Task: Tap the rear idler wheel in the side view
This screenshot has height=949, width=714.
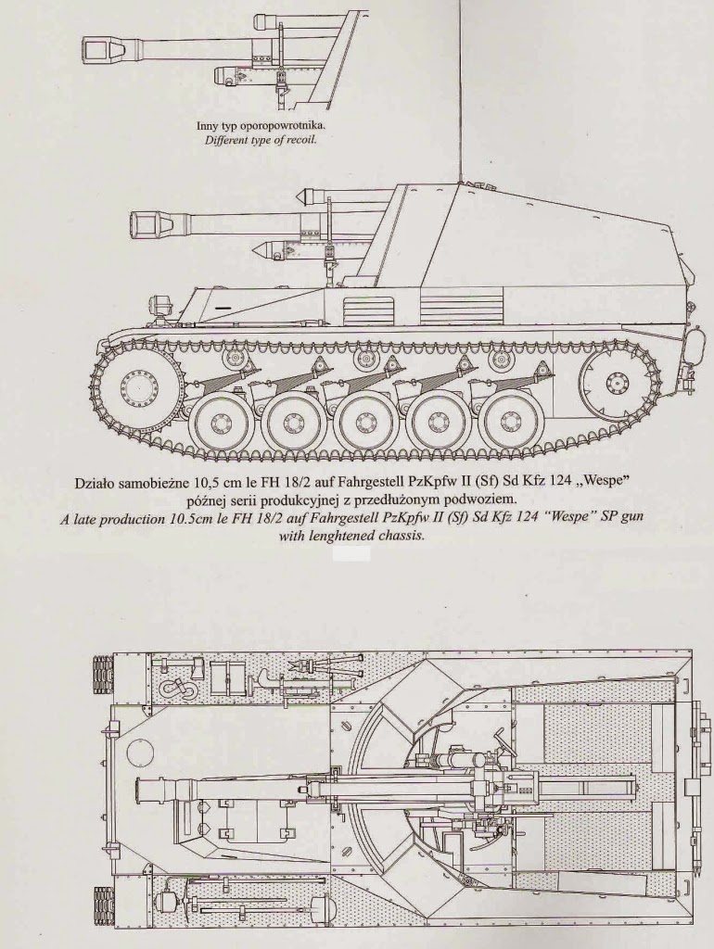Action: tap(616, 381)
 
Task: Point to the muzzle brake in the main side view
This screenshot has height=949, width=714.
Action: tap(147, 222)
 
